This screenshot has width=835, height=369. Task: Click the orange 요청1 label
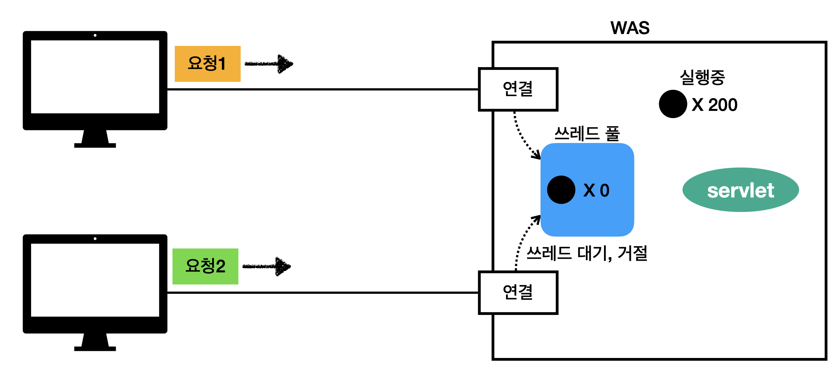point(207,64)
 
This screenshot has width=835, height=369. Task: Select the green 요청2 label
point(205,266)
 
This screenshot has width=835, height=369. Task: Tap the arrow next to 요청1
point(269,64)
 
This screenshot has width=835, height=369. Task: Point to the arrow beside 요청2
point(267,267)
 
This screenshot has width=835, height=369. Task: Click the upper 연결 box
point(518,89)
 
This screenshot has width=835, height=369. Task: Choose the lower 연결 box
point(518,292)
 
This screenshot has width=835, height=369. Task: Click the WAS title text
point(630,28)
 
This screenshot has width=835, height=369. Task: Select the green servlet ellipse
point(740,190)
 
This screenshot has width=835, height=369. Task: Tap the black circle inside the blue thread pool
point(561,190)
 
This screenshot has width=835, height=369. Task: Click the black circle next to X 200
point(673,104)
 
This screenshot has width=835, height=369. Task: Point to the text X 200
point(714,105)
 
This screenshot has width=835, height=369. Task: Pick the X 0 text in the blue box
point(596,190)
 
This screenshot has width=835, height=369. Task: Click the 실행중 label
point(702,77)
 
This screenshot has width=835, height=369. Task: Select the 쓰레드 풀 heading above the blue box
point(587,134)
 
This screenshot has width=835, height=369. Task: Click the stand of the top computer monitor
point(95,139)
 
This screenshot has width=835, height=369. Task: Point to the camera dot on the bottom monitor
point(95,239)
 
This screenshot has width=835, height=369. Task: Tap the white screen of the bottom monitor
point(95,280)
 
